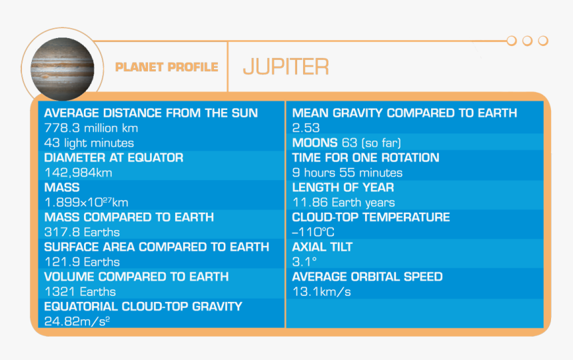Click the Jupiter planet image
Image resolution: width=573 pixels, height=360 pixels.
click(62, 69)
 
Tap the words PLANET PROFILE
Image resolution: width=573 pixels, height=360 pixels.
click(167, 67)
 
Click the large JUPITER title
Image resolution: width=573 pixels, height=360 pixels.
click(286, 67)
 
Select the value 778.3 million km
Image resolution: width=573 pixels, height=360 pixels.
click(91, 128)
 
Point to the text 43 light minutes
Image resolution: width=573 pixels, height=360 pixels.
click(89, 143)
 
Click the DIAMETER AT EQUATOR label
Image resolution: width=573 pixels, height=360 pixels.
click(114, 157)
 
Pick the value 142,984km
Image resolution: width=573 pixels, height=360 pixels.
click(78, 173)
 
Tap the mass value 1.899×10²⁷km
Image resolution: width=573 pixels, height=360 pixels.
click(86, 202)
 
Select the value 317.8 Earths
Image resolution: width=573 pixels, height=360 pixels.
click(82, 232)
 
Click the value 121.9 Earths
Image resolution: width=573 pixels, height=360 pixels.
click(82, 262)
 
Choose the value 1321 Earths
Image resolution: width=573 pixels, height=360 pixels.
click(80, 291)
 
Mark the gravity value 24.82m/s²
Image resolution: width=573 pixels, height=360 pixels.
click(77, 321)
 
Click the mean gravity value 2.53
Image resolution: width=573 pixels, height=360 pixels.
click(306, 128)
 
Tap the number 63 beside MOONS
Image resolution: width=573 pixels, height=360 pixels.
click(349, 143)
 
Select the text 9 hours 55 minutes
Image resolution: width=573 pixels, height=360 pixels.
click(347, 173)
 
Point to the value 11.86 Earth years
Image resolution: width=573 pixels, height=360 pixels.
click(344, 202)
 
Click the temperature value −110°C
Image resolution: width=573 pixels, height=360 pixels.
click(313, 232)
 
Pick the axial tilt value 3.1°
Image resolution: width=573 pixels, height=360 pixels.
click(304, 262)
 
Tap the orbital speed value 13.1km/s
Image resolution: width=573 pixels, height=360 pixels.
click(322, 291)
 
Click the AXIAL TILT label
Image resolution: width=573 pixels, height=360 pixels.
click(322, 247)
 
